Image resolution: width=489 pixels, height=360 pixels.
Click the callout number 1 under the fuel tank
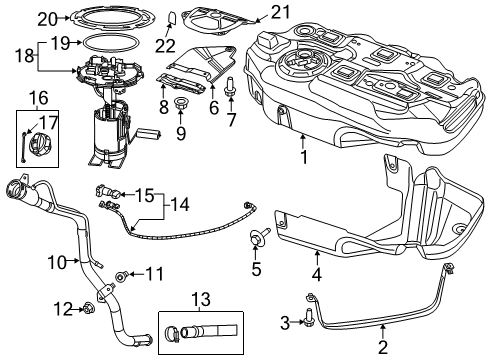(x=303, y=159)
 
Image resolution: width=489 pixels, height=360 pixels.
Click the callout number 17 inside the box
(x=146, y=194)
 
